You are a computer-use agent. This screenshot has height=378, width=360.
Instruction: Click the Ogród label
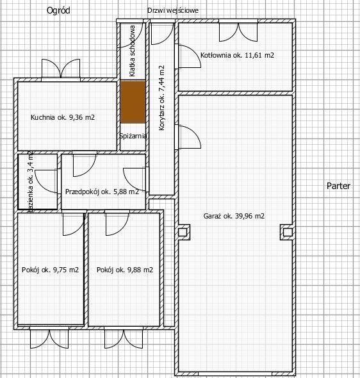[x=58, y=11]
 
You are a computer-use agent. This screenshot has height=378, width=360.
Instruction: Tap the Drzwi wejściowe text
[x=173, y=11]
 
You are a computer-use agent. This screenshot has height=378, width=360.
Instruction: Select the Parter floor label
[x=338, y=186]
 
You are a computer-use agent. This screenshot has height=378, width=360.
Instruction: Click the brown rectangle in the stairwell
[x=133, y=102]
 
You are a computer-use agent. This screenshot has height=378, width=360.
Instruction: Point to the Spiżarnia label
[x=133, y=136]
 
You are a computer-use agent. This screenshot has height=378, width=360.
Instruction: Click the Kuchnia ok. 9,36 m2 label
[x=63, y=117]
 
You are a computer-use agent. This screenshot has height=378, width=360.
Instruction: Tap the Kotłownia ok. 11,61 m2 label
[x=237, y=55]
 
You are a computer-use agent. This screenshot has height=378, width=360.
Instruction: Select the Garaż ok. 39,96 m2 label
[x=234, y=216]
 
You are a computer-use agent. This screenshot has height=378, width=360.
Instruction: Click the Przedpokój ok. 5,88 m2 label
[x=102, y=192]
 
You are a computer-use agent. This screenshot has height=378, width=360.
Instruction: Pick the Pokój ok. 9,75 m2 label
[x=50, y=270]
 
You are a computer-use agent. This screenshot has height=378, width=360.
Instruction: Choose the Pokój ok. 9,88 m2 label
[x=125, y=270]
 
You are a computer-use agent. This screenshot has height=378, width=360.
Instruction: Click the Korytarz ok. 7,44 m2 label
[x=161, y=98]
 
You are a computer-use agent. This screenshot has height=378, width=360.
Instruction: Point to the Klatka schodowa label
[x=132, y=51]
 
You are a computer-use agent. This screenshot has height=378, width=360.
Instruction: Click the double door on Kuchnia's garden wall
[x=61, y=69]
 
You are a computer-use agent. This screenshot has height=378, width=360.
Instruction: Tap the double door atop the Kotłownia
[x=238, y=31]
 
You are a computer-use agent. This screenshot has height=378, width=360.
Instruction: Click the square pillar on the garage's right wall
[x=287, y=233]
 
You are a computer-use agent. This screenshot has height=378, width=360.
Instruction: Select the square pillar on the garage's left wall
[x=183, y=233]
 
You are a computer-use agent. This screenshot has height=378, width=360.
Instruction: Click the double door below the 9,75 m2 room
[x=49, y=338]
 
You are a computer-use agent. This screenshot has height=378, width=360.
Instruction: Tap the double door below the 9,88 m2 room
[x=124, y=338]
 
